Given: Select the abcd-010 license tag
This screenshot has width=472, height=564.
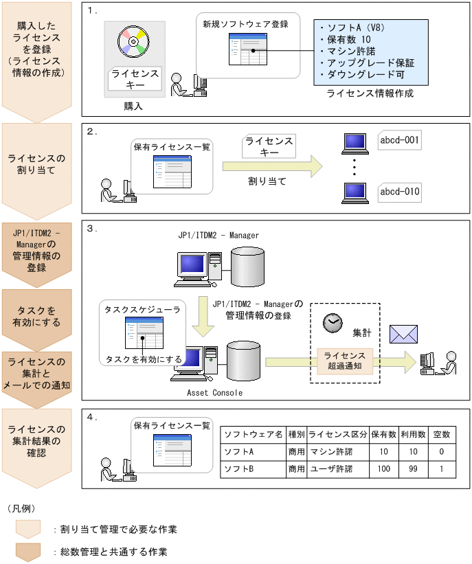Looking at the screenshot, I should coord(399,191).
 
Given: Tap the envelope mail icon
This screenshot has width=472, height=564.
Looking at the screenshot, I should coord(404,334).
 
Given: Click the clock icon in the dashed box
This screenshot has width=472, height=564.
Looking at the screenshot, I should coord(333,322).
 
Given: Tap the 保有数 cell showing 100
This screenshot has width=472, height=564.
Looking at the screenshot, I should coord(383,469).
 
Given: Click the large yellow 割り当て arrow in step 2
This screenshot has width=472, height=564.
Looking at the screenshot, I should coord(271,166).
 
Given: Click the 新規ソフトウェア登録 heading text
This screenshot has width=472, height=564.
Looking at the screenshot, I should coord(245,24).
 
